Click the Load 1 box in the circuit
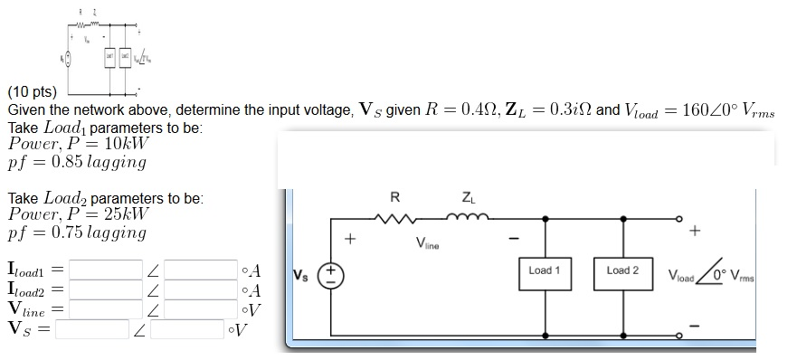pos(545,270)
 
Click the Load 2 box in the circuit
pos(622,270)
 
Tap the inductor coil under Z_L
pos(467,218)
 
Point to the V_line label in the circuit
pos(427,242)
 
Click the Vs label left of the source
pos(304,275)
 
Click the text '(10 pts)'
pos(32,92)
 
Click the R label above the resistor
pos(394,196)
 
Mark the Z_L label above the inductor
pos(466,196)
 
